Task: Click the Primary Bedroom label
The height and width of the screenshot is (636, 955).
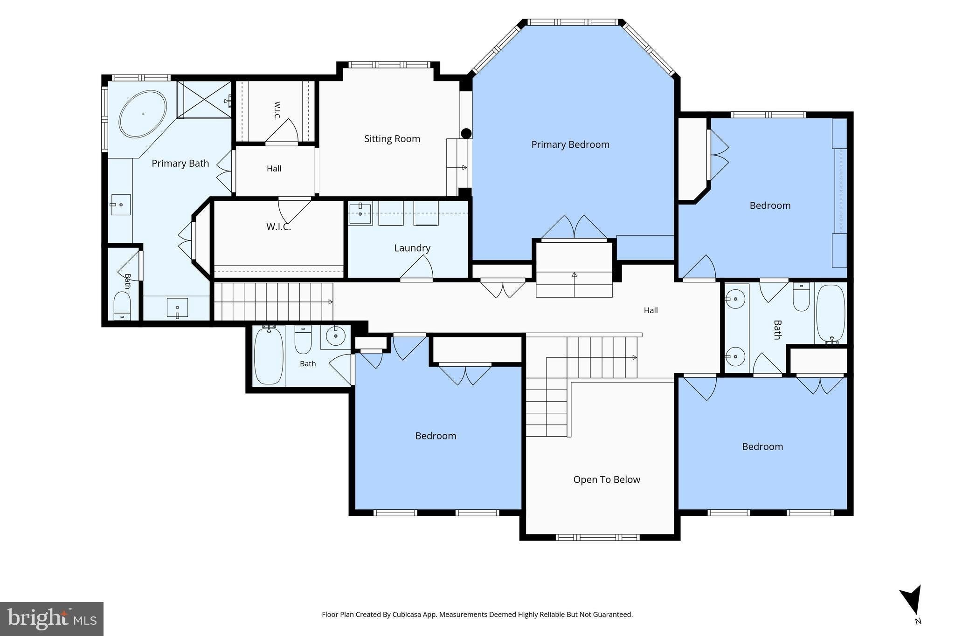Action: [x=570, y=144]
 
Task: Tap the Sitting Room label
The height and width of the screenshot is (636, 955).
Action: [x=392, y=139]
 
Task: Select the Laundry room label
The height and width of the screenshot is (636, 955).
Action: [x=412, y=248]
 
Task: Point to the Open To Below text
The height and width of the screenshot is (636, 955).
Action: [x=607, y=479]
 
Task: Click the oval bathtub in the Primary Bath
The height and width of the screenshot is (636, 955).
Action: [x=143, y=114]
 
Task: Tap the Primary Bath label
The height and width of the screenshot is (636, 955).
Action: [x=180, y=164]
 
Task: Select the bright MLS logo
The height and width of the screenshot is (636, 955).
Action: [x=52, y=619]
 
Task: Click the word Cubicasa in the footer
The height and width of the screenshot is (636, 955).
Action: [x=408, y=615]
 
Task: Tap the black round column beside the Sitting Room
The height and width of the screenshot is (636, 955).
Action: [x=466, y=134]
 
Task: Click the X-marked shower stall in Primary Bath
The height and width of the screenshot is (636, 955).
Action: [x=204, y=99]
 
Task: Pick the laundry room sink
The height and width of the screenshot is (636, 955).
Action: [x=360, y=214]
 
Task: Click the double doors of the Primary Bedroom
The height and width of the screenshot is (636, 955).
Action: [x=574, y=228]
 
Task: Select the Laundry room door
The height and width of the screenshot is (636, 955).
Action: [x=416, y=269]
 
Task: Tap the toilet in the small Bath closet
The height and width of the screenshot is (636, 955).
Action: [x=122, y=305]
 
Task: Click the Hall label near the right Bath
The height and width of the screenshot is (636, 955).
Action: [x=651, y=310]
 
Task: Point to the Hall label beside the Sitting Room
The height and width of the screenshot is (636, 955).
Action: [x=274, y=169]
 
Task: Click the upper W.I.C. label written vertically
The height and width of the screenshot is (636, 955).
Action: [x=277, y=110]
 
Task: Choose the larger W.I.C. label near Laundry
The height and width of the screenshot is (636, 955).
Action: [x=279, y=227]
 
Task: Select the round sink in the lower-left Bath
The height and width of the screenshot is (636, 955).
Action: [x=335, y=335]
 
